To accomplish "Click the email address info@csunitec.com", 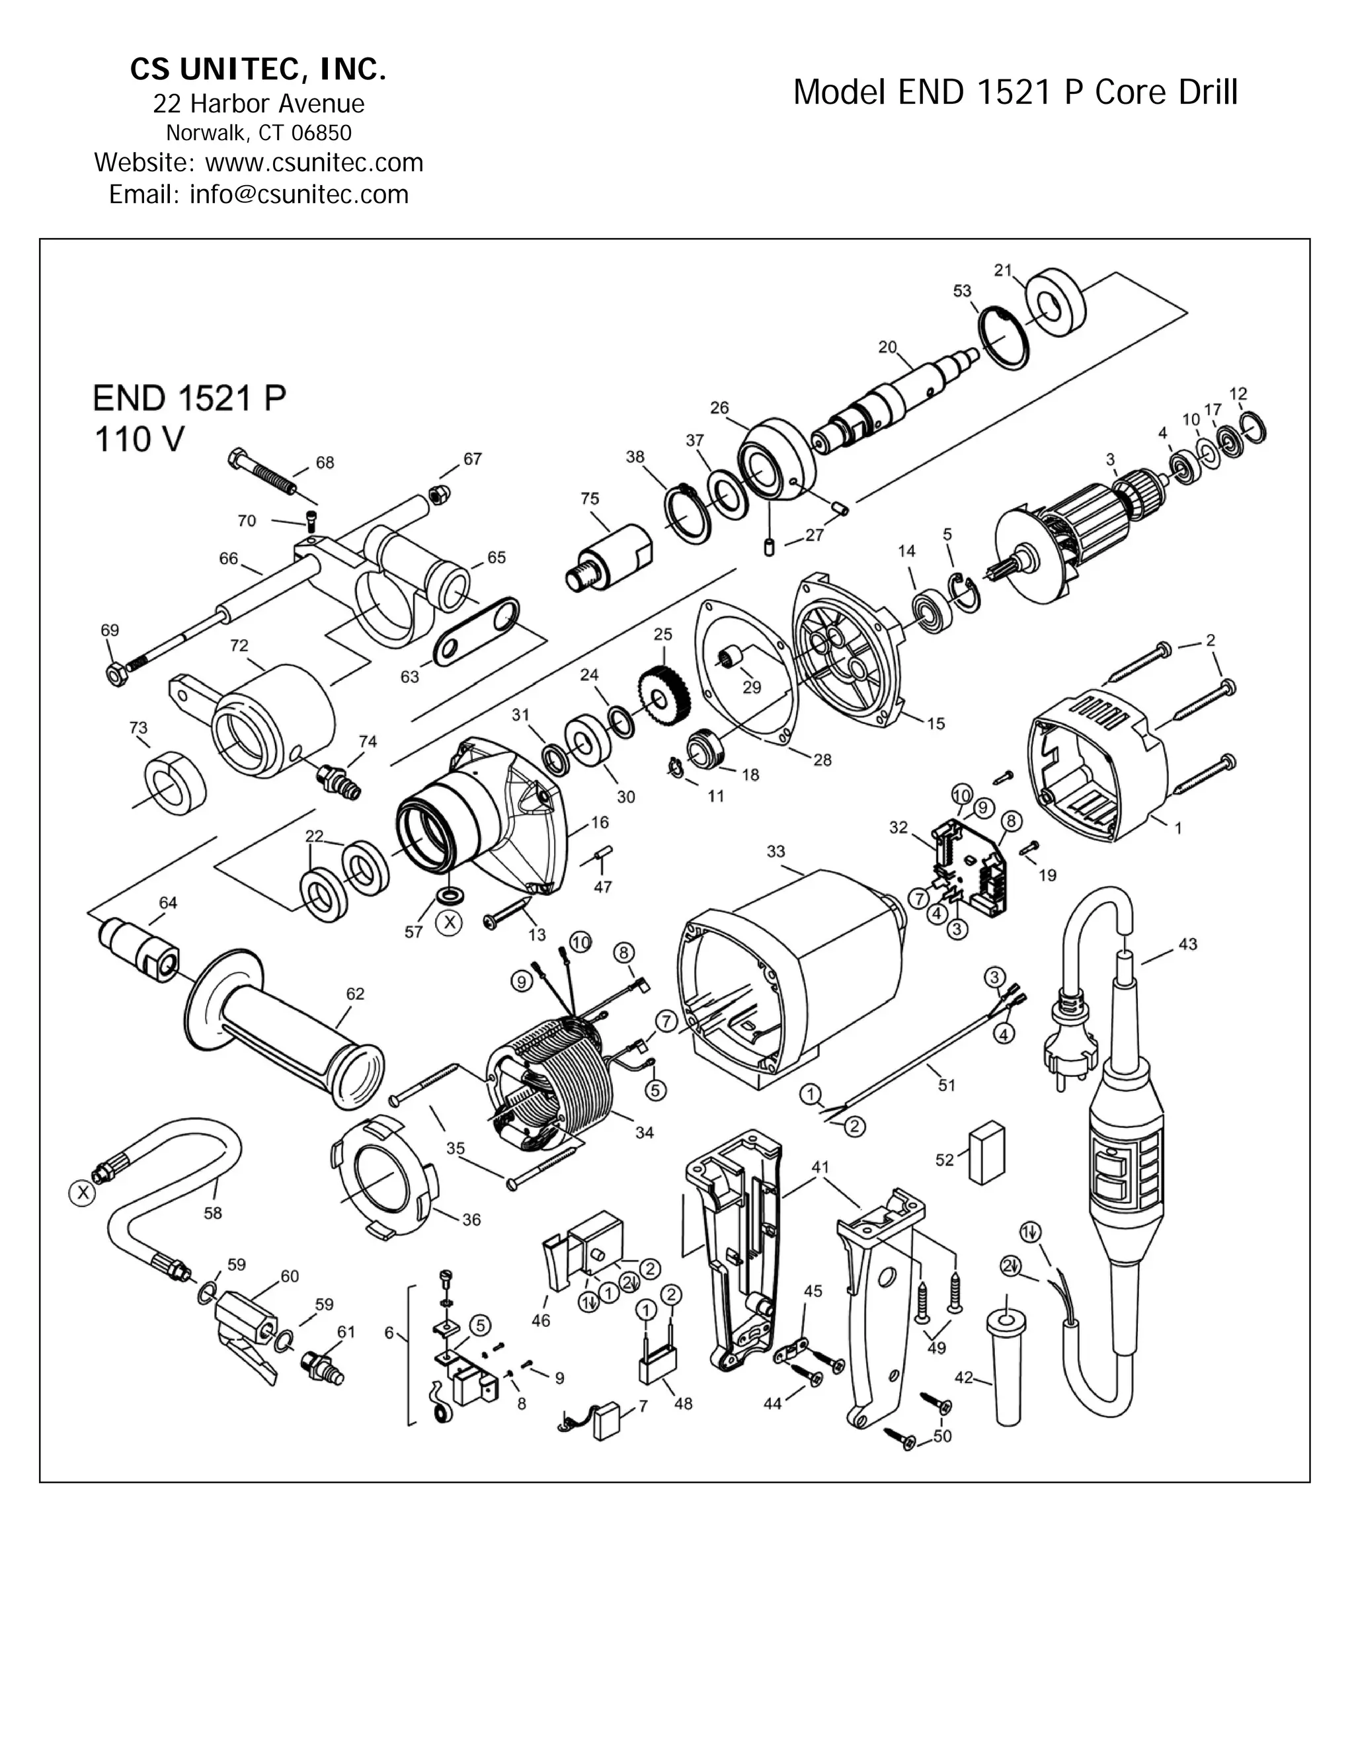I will pos(298,195).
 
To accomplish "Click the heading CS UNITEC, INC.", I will pos(259,71).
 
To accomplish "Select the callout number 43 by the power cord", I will pos(1187,944).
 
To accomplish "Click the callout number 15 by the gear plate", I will pos(936,723).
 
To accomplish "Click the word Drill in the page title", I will pos(1207,93).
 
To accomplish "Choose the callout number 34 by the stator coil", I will pos(644,1133).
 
